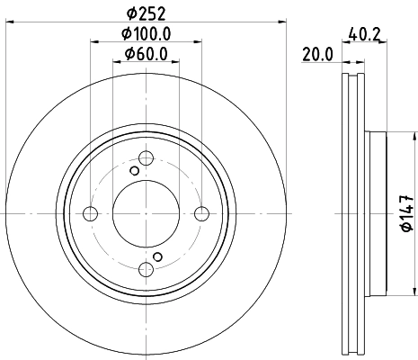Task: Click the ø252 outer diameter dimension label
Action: (145, 13)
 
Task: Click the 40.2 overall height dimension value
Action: (359, 37)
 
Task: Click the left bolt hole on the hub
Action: (90, 213)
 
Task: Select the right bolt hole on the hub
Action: (201, 213)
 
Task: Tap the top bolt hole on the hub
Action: (146, 158)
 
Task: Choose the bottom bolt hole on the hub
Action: (146, 268)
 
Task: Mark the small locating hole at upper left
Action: (135, 171)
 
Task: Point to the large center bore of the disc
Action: (146, 213)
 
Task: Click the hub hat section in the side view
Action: (376, 213)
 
